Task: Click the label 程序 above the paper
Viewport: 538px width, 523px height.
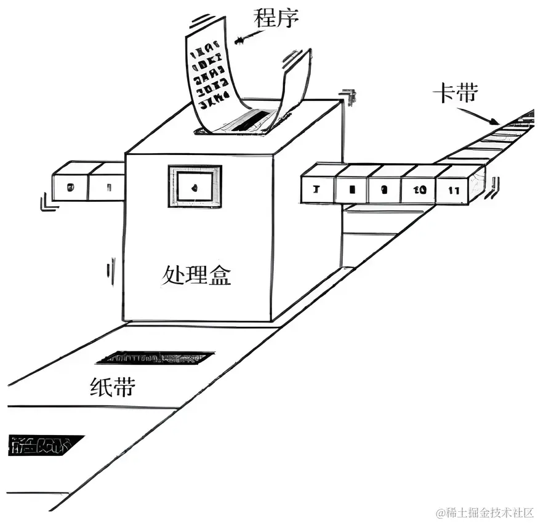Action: coord(276,18)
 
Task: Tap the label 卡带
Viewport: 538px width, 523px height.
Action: coord(456,94)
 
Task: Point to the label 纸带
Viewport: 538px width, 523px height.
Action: coord(113,387)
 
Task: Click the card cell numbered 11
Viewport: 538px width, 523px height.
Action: coord(454,190)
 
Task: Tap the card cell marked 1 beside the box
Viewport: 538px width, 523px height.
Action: coord(107,186)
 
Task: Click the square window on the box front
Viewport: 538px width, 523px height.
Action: coord(195,186)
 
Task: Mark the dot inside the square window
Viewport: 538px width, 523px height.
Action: coord(195,186)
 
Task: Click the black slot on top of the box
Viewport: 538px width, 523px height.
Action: coord(246,121)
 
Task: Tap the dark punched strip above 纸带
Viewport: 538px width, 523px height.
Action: coord(155,357)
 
